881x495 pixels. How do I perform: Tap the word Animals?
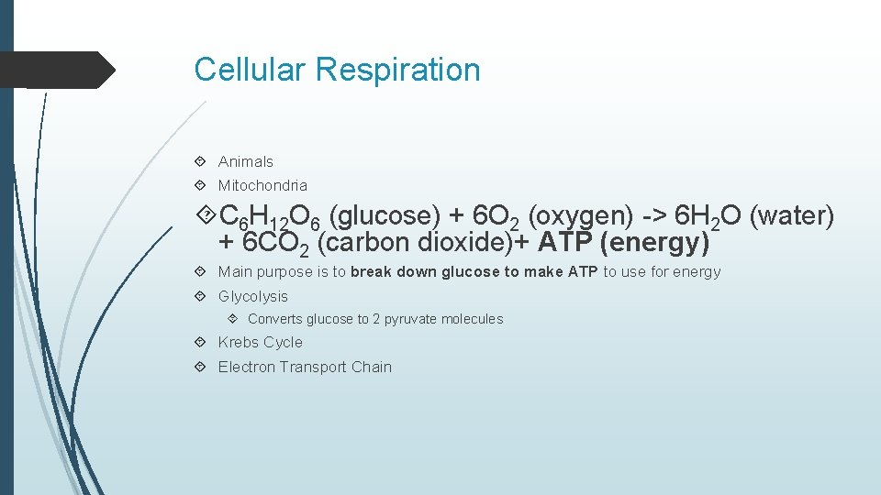click(x=245, y=161)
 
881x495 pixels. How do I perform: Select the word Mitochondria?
click(x=262, y=185)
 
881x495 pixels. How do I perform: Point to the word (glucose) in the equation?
click(x=385, y=216)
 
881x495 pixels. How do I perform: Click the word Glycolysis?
click(x=252, y=296)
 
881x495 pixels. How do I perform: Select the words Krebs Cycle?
click(x=260, y=342)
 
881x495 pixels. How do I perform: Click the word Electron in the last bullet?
click(x=246, y=367)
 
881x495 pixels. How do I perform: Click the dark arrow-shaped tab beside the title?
click(x=55, y=70)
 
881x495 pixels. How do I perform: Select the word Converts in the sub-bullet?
click(x=274, y=319)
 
